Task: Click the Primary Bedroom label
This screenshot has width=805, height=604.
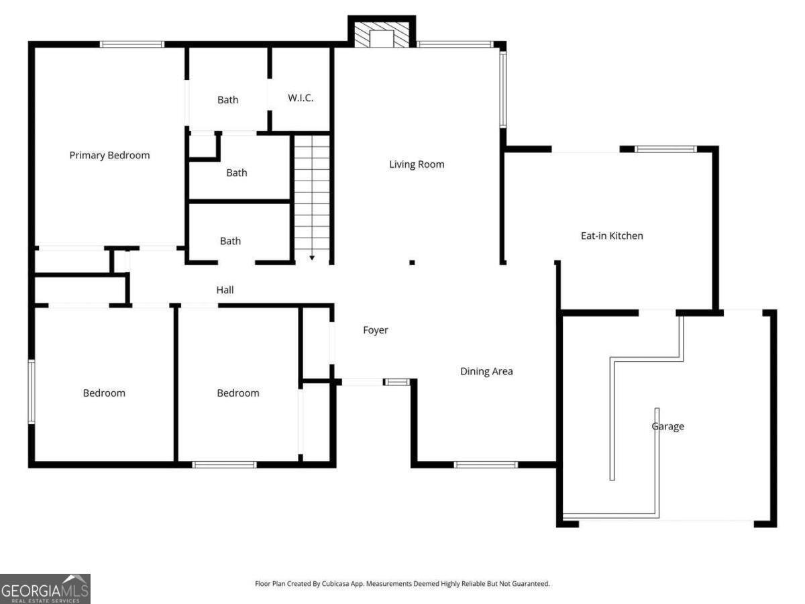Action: coord(109,155)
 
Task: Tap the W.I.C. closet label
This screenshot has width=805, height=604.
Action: coord(301,98)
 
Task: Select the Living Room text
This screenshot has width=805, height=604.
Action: coord(417,164)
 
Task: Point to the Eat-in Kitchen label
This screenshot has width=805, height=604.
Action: coord(611,236)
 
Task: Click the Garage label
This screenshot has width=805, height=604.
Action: coord(667,426)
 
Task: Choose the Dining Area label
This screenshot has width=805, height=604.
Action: coord(486,371)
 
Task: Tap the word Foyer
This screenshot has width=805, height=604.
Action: coord(376,330)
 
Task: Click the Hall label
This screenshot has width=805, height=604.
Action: coord(225,290)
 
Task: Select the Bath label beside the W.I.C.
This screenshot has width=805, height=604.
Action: coord(227,100)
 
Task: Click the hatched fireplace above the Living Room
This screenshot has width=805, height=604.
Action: coord(381,37)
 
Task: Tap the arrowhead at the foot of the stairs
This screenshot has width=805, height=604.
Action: coord(312,258)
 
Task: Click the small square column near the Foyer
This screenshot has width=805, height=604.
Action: coord(412,262)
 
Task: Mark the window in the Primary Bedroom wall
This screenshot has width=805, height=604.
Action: coord(132,44)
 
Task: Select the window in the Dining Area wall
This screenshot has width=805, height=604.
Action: coord(486,464)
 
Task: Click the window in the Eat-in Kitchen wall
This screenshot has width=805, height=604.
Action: coord(665,149)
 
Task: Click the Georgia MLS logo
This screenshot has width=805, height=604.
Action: coord(45,589)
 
